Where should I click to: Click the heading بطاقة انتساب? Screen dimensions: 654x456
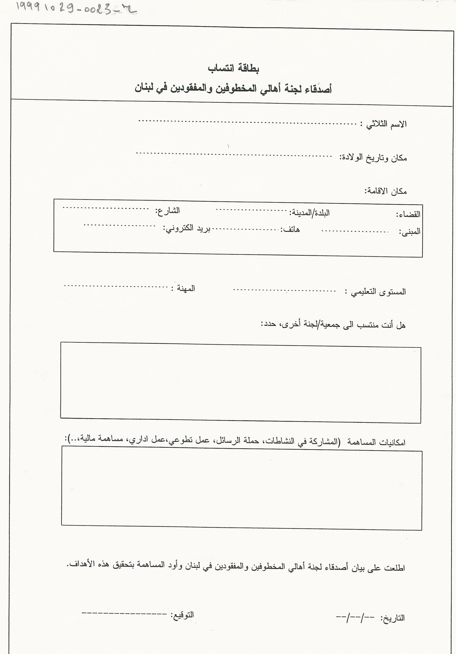coord(234,69)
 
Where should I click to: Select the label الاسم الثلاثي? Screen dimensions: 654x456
coord(386,124)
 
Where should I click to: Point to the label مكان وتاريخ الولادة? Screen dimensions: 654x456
coord(373,158)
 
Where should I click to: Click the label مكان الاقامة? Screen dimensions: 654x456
coord(386,191)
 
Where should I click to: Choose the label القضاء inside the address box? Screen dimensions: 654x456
coord(409,215)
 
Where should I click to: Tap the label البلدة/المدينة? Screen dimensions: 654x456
coord(310,213)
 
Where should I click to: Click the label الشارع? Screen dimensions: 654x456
coord(168,211)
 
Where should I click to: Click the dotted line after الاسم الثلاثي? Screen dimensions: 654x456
coord(248,123)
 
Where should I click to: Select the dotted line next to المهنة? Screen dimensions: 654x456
coord(116,287)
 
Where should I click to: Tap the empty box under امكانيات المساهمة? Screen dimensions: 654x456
coord(241,490)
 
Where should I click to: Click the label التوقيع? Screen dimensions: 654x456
coord(183,614)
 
